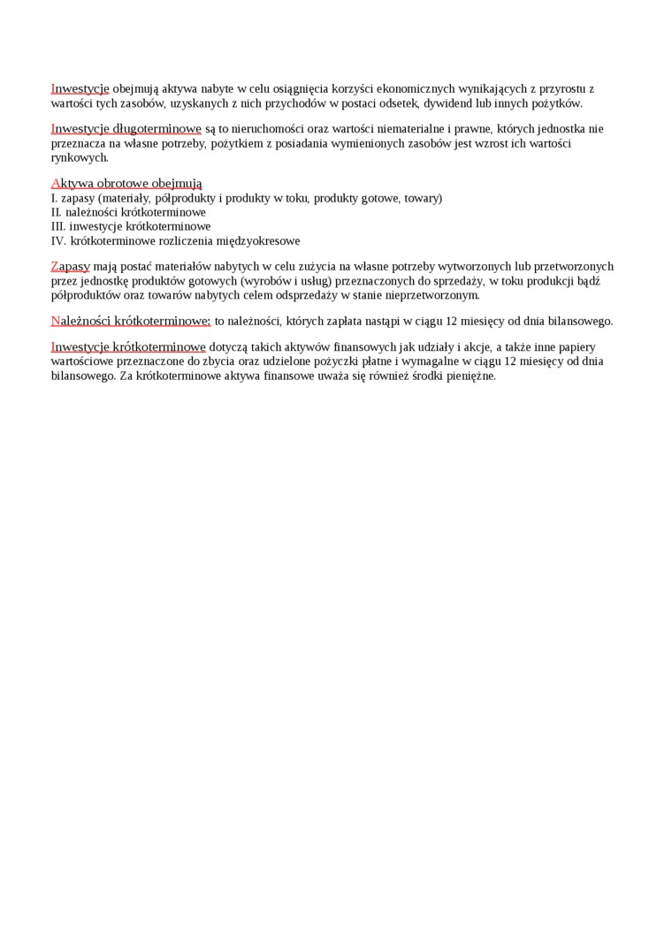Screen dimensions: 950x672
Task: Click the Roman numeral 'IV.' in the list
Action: click(x=59, y=240)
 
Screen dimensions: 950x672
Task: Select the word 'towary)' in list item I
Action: click(x=424, y=198)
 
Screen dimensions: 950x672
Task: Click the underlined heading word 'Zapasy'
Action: click(x=71, y=266)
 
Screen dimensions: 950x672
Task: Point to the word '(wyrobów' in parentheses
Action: click(x=264, y=280)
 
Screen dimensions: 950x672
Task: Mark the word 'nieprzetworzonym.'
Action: click(x=434, y=294)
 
